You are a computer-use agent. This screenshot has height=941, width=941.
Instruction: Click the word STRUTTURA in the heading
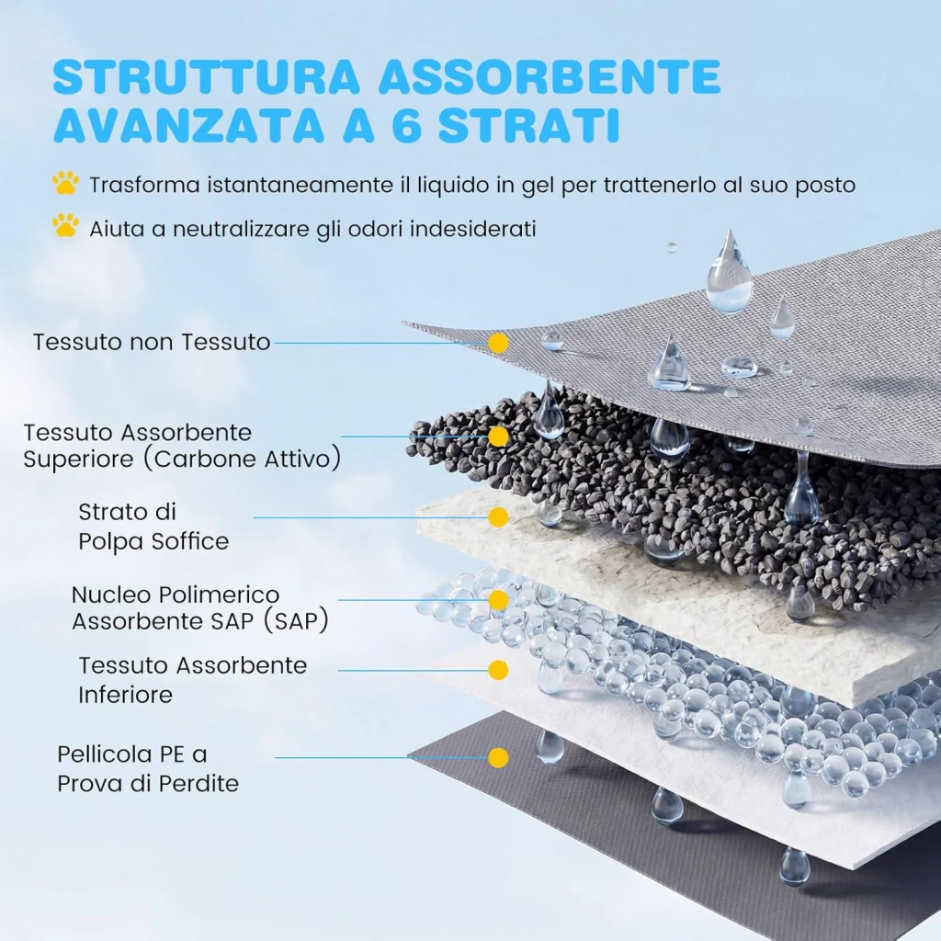[206, 76]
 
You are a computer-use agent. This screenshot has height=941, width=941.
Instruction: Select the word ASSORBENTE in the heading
[550, 76]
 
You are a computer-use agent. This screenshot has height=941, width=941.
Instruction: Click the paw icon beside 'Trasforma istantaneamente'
[65, 183]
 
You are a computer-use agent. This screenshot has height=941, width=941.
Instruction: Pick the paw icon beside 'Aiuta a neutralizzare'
[65, 226]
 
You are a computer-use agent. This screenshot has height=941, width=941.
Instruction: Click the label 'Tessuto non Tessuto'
[152, 342]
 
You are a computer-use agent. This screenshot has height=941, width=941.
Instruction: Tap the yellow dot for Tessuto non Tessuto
[498, 344]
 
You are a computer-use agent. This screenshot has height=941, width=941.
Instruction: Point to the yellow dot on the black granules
[498, 436]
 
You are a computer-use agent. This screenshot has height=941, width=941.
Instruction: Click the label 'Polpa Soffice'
[153, 541]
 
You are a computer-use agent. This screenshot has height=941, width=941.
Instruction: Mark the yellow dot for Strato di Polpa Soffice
[498, 517]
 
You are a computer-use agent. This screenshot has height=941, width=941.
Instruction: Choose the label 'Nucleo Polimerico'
[176, 595]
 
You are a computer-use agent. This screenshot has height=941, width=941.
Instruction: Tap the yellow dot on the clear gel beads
[498, 599]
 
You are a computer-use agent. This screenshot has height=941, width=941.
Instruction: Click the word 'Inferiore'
[125, 695]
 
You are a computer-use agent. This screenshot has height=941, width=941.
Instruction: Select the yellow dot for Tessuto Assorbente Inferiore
[498, 670]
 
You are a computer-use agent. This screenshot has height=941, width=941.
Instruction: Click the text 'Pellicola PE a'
[132, 754]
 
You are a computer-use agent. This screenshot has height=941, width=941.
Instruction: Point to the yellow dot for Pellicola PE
[498, 758]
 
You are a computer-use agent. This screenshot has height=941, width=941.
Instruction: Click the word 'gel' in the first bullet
[538, 186]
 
